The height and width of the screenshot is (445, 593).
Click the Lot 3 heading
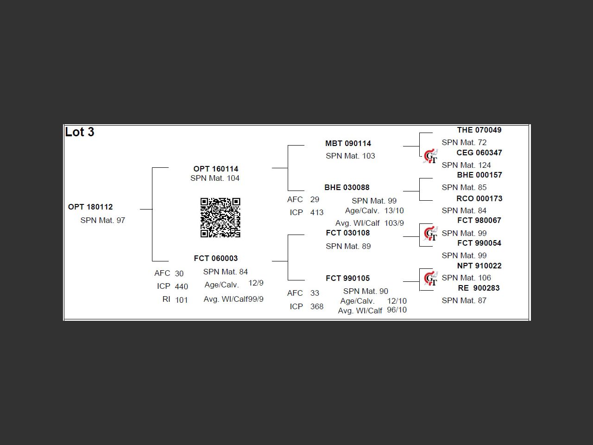pyautogui.click(x=80, y=132)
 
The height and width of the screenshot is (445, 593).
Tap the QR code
pyautogui.click(x=220, y=217)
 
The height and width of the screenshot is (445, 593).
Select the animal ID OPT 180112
pyautogui.click(x=90, y=207)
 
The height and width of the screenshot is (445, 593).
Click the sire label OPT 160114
pyautogui.click(x=216, y=169)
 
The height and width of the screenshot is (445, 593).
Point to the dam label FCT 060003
pyautogui.click(x=216, y=258)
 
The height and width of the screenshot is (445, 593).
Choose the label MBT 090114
pyautogui.click(x=348, y=143)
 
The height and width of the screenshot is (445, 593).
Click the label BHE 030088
pyautogui.click(x=347, y=187)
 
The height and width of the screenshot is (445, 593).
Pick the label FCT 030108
pyautogui.click(x=347, y=233)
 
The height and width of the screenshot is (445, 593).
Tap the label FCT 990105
pyautogui.click(x=347, y=278)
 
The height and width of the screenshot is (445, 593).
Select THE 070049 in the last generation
pyautogui.click(x=479, y=130)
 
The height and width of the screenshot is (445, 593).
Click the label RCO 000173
pyautogui.click(x=479, y=198)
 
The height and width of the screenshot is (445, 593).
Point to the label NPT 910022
pyautogui.click(x=479, y=266)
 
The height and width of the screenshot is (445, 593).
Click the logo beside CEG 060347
pyautogui.click(x=430, y=156)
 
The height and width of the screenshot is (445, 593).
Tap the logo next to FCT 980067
pyautogui.click(x=430, y=233)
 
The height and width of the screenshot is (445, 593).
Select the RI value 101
pyautogui.click(x=182, y=300)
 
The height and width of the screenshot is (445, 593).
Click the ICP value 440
pyautogui.click(x=182, y=286)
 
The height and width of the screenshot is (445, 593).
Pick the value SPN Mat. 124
pyautogui.click(x=466, y=165)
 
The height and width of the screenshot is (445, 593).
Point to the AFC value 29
pyautogui.click(x=315, y=199)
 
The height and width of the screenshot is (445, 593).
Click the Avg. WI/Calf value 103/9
pyautogui.click(x=394, y=223)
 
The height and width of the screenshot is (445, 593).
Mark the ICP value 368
pyautogui.click(x=317, y=306)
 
